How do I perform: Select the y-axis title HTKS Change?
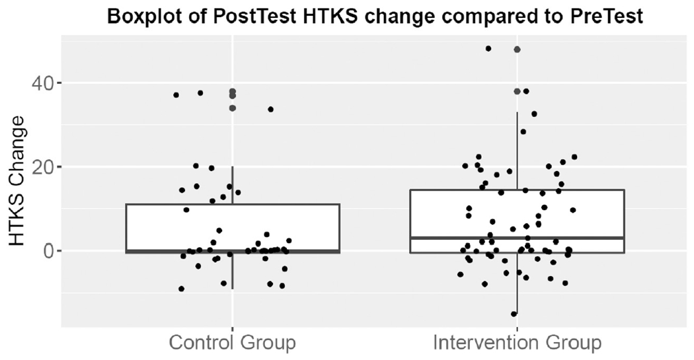click(x=18, y=180)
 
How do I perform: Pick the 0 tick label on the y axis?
click(x=50, y=251)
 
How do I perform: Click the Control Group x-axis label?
click(x=232, y=343)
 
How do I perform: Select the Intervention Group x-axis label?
click(x=517, y=343)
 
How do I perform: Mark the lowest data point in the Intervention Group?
click(x=514, y=314)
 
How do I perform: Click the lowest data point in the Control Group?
click(x=181, y=289)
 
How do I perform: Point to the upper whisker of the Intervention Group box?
click(x=517, y=152)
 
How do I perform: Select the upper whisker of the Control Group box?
click(x=233, y=185)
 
